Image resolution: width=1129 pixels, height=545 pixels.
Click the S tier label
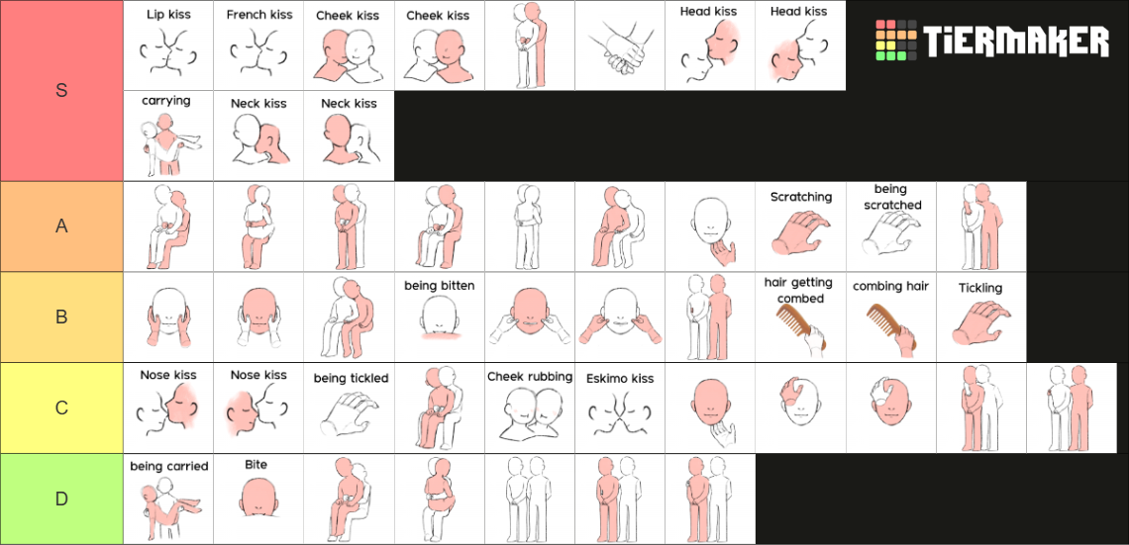[62, 91]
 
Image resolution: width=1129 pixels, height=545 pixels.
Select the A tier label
[62, 226]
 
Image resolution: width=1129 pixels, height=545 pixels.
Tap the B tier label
[62, 317]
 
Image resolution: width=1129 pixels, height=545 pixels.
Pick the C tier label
[62, 408]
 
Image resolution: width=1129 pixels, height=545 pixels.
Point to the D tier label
[62, 499]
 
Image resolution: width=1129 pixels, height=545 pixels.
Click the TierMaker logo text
[1016, 42]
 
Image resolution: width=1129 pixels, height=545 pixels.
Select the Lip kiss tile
[168, 45]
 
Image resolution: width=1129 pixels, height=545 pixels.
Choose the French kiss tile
[259, 45]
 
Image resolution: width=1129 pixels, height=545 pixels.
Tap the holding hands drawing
[620, 46]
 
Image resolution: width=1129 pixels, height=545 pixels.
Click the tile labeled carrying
[168, 136]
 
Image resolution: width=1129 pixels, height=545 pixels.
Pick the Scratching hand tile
[800, 227]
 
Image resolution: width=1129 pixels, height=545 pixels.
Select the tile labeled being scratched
[891, 227]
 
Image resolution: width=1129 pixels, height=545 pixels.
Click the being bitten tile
[439, 318]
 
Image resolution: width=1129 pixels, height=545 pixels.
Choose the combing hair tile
[891, 318]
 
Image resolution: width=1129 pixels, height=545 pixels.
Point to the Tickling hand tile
[981, 318]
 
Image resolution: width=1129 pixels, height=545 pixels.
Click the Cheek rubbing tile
[530, 408]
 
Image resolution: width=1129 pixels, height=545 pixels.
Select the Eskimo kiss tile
[620, 408]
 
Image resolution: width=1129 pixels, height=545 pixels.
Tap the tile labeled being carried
[168, 499]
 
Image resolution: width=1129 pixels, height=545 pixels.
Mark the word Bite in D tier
[256, 465]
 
